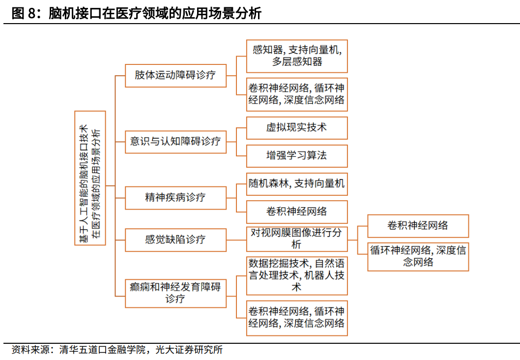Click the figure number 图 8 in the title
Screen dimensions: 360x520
click(22, 13)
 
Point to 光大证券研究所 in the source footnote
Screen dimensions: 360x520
click(189, 350)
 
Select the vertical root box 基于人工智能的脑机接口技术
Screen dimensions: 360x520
click(90, 178)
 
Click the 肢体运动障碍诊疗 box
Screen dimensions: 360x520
click(175, 75)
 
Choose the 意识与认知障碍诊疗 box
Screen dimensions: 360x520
click(175, 141)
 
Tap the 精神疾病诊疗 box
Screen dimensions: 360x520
click(175, 198)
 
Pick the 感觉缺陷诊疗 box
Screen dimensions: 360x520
click(175, 240)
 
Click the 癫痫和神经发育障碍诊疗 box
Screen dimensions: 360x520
click(175, 293)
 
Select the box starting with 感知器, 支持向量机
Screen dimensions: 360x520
click(297, 56)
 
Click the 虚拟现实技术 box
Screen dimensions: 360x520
click(297, 127)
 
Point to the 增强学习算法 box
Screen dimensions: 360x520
click(297, 155)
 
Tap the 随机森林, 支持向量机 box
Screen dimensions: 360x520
click(297, 184)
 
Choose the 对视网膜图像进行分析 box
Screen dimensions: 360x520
click(297, 239)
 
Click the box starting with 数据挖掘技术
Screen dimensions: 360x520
click(297, 275)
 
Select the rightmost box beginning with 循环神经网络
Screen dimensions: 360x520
click(418, 256)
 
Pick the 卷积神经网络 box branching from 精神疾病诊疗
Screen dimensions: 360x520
click(297, 211)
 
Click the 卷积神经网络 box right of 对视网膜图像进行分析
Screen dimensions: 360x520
click(418, 226)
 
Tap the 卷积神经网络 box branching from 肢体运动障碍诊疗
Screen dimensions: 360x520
click(297, 94)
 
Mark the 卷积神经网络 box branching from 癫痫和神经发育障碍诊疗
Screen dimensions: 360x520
click(297, 318)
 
